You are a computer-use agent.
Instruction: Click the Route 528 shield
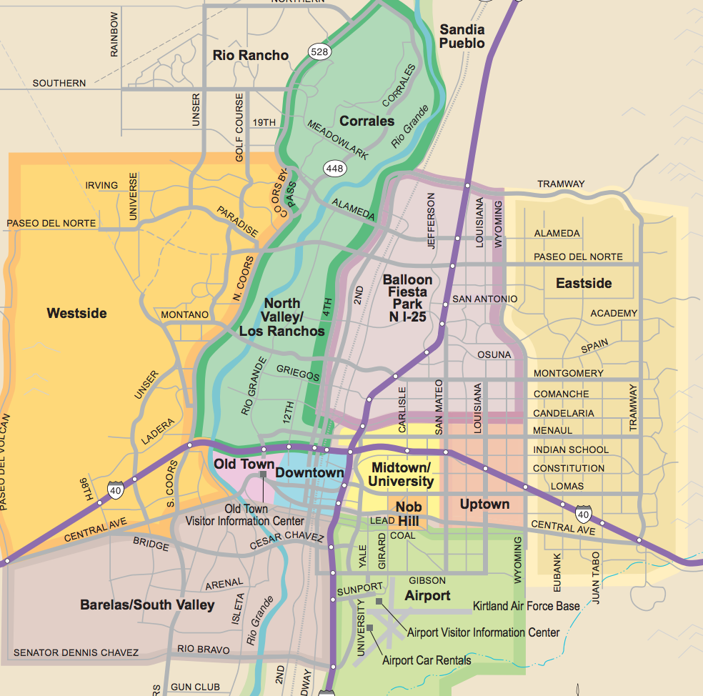[x=319, y=52]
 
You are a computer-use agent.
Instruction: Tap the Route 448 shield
[x=334, y=169]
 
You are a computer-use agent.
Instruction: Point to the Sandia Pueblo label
[x=462, y=36]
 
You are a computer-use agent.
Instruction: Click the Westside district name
[x=76, y=313]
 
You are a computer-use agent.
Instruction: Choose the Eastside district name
[x=584, y=284]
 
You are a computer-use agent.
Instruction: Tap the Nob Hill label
[x=408, y=513]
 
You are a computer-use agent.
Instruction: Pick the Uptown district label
[x=484, y=504]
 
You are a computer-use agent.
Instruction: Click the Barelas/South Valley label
[x=147, y=605]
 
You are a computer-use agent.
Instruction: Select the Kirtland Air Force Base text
[x=526, y=606]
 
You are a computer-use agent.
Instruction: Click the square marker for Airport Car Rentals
[x=370, y=627]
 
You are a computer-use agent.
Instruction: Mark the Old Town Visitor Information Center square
[x=264, y=474]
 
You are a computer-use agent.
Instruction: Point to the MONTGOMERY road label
[x=568, y=373]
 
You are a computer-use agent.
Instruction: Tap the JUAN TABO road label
[x=596, y=573]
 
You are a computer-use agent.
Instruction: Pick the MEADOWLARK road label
[x=338, y=139]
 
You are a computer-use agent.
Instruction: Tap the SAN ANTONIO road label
[x=484, y=299]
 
